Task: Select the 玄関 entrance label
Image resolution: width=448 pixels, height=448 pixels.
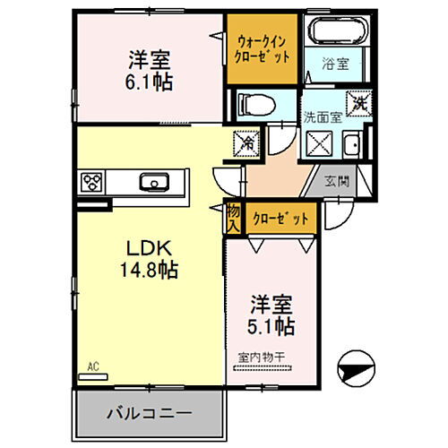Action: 345,179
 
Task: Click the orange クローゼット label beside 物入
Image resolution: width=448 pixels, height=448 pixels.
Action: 280,218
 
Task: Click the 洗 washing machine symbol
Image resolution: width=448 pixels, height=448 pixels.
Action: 358,102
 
